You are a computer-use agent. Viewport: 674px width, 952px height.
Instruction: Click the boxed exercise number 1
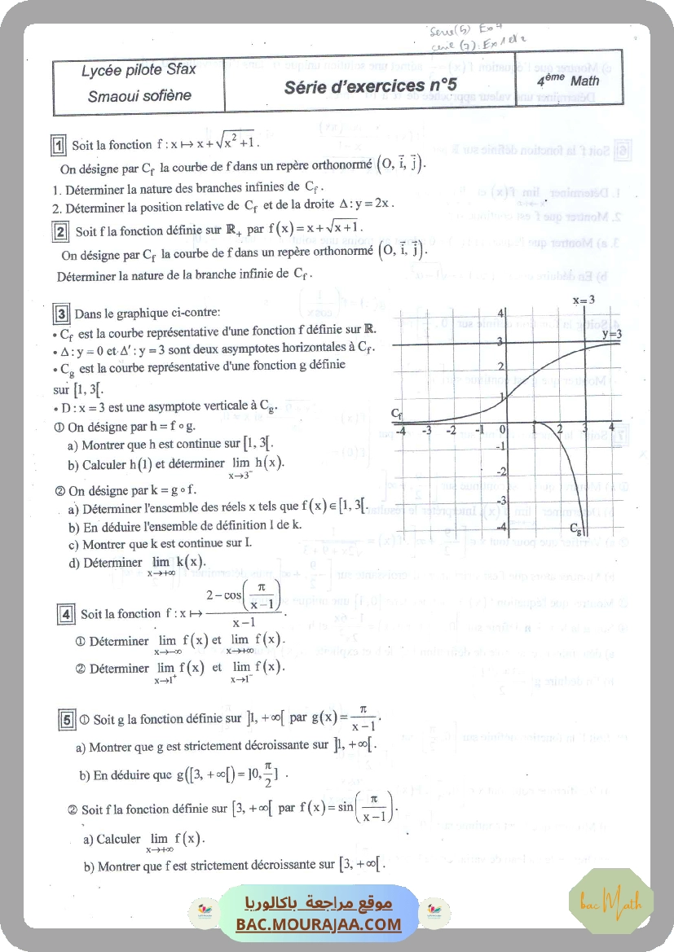coord(59,145)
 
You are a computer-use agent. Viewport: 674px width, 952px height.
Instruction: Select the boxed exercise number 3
coord(60,312)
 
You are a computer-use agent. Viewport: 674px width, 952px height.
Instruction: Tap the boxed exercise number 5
coord(68,719)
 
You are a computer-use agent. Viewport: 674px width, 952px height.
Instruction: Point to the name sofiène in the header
coord(165,95)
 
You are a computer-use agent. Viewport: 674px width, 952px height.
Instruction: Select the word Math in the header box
coord(584,81)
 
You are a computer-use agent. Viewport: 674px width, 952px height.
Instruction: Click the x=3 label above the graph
coord(583,300)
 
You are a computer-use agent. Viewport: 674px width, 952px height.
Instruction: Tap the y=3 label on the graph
coord(612,333)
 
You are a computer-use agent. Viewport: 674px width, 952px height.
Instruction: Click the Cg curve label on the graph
coord(576,527)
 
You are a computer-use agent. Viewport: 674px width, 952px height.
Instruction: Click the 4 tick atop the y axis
coord(500,314)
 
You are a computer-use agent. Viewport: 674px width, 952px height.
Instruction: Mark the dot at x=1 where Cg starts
coord(532,423)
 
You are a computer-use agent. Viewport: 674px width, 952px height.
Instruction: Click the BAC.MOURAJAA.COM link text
coord(319,924)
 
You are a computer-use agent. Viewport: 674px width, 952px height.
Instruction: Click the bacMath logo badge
coord(610,900)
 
